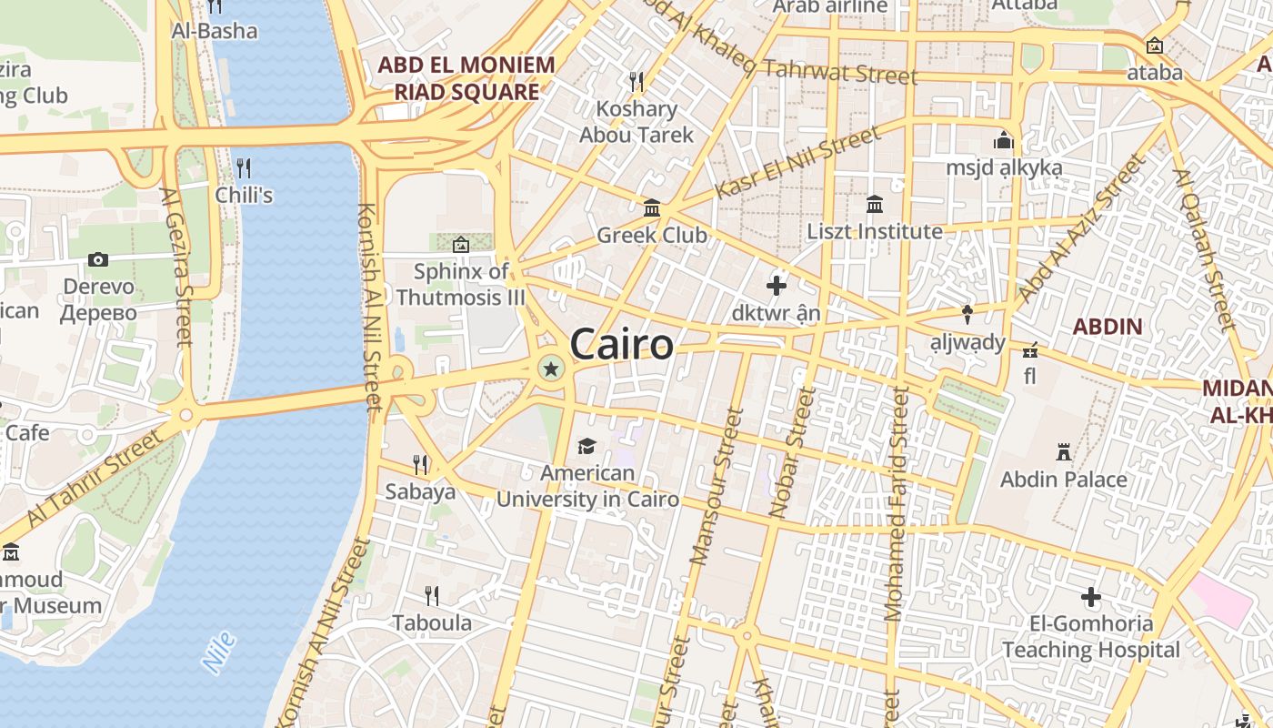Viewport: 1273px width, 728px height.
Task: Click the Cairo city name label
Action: pyautogui.click(x=622, y=346)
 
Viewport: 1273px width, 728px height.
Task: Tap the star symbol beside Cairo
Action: pyautogui.click(x=550, y=369)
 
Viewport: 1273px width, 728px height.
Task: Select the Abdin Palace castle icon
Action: pyautogui.click(x=1063, y=451)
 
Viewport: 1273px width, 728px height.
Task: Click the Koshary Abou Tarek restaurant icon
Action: pyautogui.click(x=636, y=82)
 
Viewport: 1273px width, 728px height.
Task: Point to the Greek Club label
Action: pyautogui.click(x=651, y=235)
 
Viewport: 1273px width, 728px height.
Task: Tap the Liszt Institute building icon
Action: pyautogui.click(x=875, y=204)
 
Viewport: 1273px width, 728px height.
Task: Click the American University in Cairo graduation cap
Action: pyautogui.click(x=586, y=446)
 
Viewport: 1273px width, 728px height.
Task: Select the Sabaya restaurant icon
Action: pyautogui.click(x=420, y=465)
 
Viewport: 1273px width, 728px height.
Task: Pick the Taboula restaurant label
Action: pyautogui.click(x=432, y=623)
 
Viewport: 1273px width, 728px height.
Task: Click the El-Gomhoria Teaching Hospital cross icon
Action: pyautogui.click(x=1091, y=597)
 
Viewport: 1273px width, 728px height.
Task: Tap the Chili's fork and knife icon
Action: pyautogui.click(x=243, y=167)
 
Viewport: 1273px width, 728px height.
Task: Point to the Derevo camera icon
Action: pyautogui.click(x=98, y=259)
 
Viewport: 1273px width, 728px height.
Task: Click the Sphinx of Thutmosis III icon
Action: pyautogui.click(x=461, y=244)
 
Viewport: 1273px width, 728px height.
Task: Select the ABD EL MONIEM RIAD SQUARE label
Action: pyautogui.click(x=466, y=78)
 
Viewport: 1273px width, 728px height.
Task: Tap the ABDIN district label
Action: pyautogui.click(x=1107, y=326)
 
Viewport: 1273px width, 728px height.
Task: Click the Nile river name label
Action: pyautogui.click(x=220, y=652)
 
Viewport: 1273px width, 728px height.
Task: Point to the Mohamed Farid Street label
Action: pyautogui.click(x=896, y=505)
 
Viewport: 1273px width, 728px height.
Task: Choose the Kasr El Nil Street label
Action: pyautogui.click(x=797, y=163)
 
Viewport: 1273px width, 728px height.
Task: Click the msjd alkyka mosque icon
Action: pyautogui.click(x=1004, y=140)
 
